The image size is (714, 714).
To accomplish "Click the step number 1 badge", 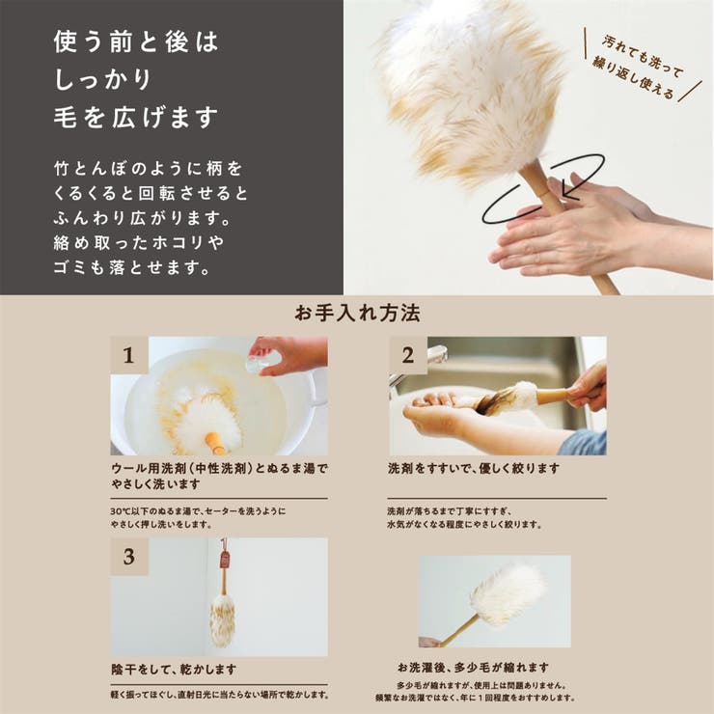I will (128, 355).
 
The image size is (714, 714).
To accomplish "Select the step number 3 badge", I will (128, 557).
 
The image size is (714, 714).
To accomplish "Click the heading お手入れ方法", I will (357, 314).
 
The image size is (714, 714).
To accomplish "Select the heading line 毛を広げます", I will (136, 118).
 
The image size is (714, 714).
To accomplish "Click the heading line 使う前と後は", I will (136, 42).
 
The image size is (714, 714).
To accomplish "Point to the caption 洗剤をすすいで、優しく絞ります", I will (473, 468).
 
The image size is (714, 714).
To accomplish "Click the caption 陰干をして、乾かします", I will (174, 669).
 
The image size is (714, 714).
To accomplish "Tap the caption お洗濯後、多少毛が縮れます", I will (473, 667).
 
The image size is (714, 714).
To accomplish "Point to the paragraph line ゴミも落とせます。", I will (132, 267).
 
